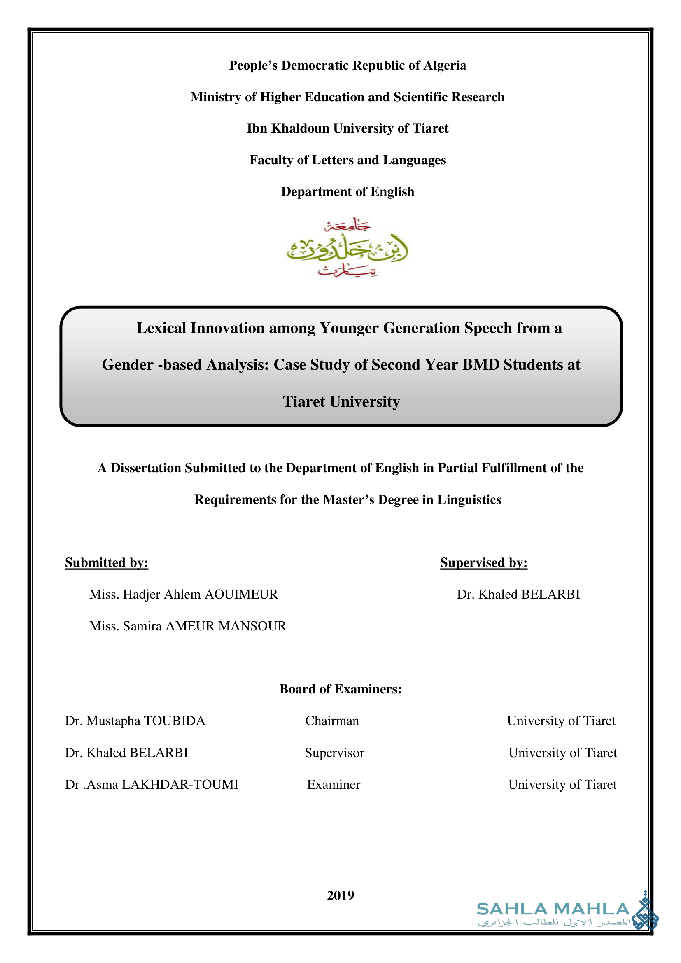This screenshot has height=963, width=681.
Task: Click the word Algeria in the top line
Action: (445, 65)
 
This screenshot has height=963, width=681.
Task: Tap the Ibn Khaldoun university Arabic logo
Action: (347, 248)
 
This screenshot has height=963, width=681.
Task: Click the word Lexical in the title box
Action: (161, 328)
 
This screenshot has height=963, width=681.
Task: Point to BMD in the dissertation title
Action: (480, 365)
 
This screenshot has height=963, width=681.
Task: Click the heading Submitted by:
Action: (107, 563)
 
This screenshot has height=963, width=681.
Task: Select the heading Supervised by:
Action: (483, 563)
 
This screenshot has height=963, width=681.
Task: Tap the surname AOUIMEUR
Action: (241, 595)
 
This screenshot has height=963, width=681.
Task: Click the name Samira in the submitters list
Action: (142, 626)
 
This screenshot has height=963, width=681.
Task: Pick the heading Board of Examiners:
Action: (340, 689)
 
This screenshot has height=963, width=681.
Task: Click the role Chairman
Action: (332, 721)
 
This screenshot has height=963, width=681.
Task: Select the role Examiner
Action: (334, 785)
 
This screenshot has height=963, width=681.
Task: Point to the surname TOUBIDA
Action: (175, 721)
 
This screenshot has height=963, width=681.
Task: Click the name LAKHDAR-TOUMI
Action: (180, 785)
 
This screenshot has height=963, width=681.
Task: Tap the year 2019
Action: (340, 895)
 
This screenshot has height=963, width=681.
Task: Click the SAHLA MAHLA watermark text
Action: (553, 909)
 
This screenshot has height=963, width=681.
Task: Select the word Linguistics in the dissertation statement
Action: (469, 500)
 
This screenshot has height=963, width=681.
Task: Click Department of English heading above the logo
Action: (347, 192)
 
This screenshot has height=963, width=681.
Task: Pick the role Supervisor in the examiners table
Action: (334, 753)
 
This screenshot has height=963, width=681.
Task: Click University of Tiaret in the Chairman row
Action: (561, 721)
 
